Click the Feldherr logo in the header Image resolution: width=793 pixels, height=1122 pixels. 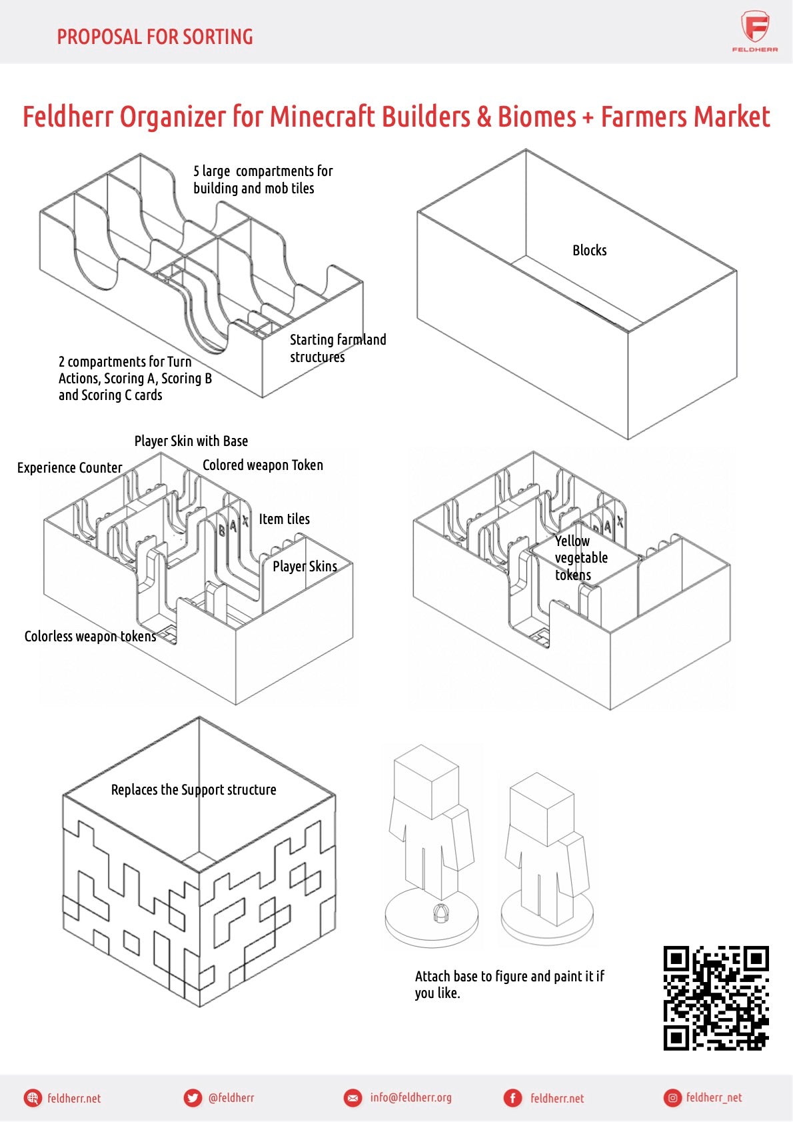coord(755,31)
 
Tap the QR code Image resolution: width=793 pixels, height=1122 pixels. coord(716,997)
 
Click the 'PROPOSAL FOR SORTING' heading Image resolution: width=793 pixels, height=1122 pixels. coord(155,37)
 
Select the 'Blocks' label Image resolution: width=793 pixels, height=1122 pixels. coord(589,250)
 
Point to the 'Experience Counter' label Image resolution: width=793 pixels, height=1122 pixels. coord(69,467)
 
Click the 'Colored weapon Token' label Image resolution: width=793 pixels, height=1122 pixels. coord(263,465)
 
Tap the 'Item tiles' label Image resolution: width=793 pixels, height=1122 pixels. coord(284,519)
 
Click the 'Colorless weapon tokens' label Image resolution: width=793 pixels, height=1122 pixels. coord(90,636)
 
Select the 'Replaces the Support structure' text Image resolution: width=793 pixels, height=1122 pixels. coord(193,789)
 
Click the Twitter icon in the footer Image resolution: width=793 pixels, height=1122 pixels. coord(193,1097)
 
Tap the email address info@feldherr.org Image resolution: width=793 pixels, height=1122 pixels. coord(410,1097)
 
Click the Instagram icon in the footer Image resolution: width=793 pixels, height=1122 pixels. coord(672,1097)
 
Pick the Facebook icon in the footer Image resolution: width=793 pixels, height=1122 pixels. coord(512,1097)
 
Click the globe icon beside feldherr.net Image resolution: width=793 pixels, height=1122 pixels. coord(33,1097)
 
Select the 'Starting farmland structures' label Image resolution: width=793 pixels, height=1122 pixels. coord(337,348)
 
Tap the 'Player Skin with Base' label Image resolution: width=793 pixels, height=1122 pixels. coord(191,441)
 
